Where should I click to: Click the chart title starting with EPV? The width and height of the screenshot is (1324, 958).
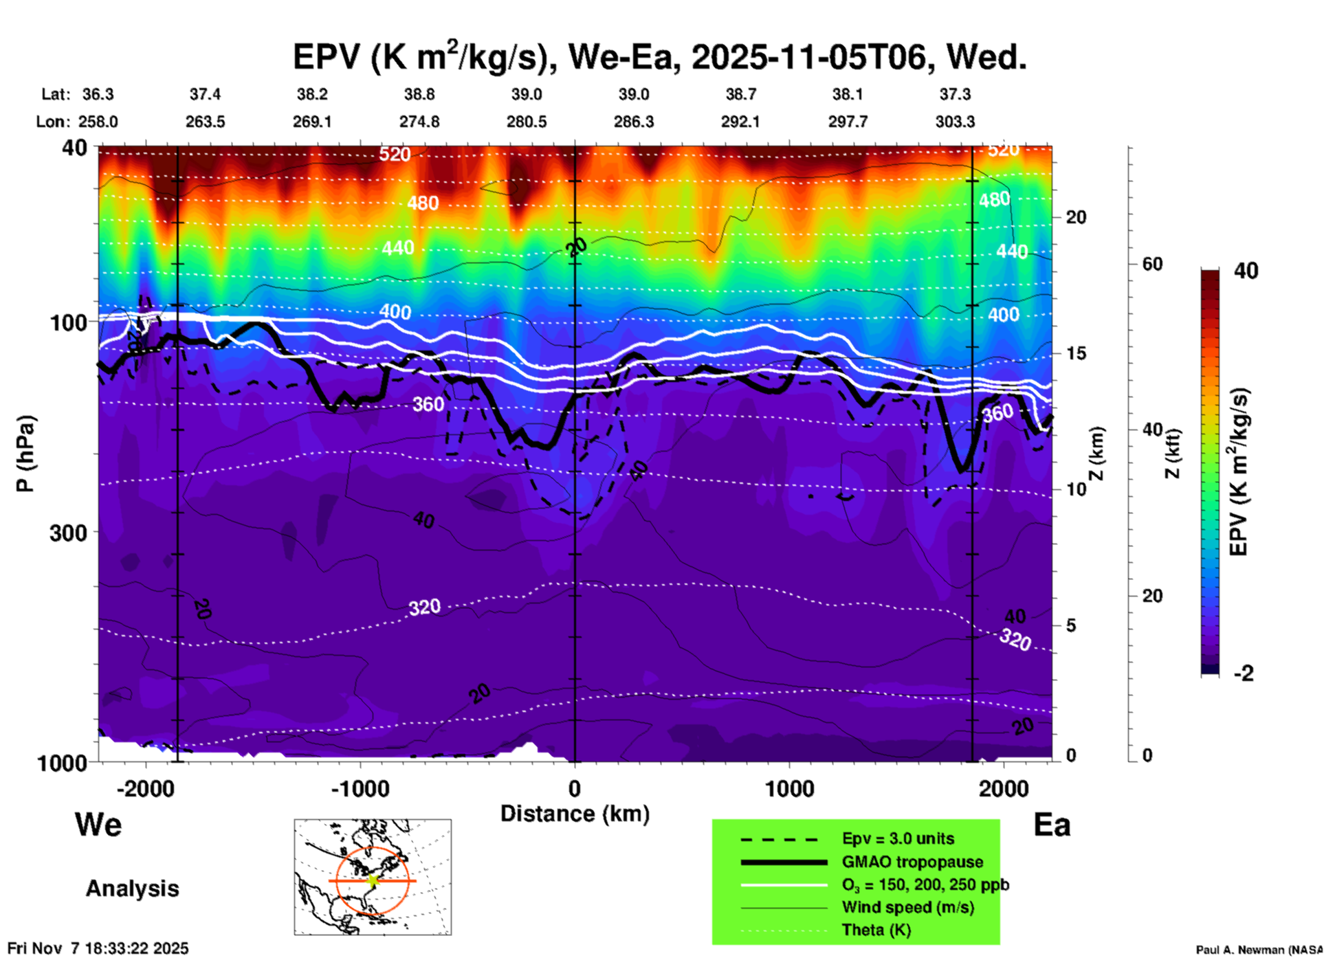click(x=660, y=56)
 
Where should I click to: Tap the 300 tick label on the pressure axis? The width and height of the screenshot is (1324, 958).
click(x=69, y=533)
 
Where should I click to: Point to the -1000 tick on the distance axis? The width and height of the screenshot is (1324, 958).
click(x=360, y=789)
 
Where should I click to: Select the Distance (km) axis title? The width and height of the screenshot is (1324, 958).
click(x=575, y=814)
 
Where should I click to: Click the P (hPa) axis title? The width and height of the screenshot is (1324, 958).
click(x=25, y=454)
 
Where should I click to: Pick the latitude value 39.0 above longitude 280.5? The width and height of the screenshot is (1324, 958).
click(x=526, y=94)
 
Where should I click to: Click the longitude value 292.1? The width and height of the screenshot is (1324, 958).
click(x=740, y=122)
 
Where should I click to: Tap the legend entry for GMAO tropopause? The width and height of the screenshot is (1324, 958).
click(x=912, y=862)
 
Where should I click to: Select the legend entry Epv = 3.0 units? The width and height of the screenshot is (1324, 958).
click(x=898, y=839)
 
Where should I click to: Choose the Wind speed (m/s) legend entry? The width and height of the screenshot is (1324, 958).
click(x=907, y=907)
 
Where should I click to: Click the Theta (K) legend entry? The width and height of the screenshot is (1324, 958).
click(x=876, y=930)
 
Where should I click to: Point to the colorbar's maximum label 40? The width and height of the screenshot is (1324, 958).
click(x=1246, y=271)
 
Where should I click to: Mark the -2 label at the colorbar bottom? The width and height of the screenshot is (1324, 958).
click(x=1244, y=673)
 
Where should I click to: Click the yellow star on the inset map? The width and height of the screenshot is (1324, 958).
click(x=373, y=880)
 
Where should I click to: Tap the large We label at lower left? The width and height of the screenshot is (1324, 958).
click(x=98, y=825)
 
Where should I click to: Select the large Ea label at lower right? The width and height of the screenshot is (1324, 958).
click(x=1052, y=825)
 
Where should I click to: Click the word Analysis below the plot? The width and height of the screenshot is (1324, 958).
click(x=132, y=889)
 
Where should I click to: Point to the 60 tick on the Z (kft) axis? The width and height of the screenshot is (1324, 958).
click(x=1152, y=264)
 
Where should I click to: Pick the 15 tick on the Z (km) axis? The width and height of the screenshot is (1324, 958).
click(x=1076, y=353)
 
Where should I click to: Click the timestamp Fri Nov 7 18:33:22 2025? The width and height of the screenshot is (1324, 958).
click(x=98, y=948)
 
